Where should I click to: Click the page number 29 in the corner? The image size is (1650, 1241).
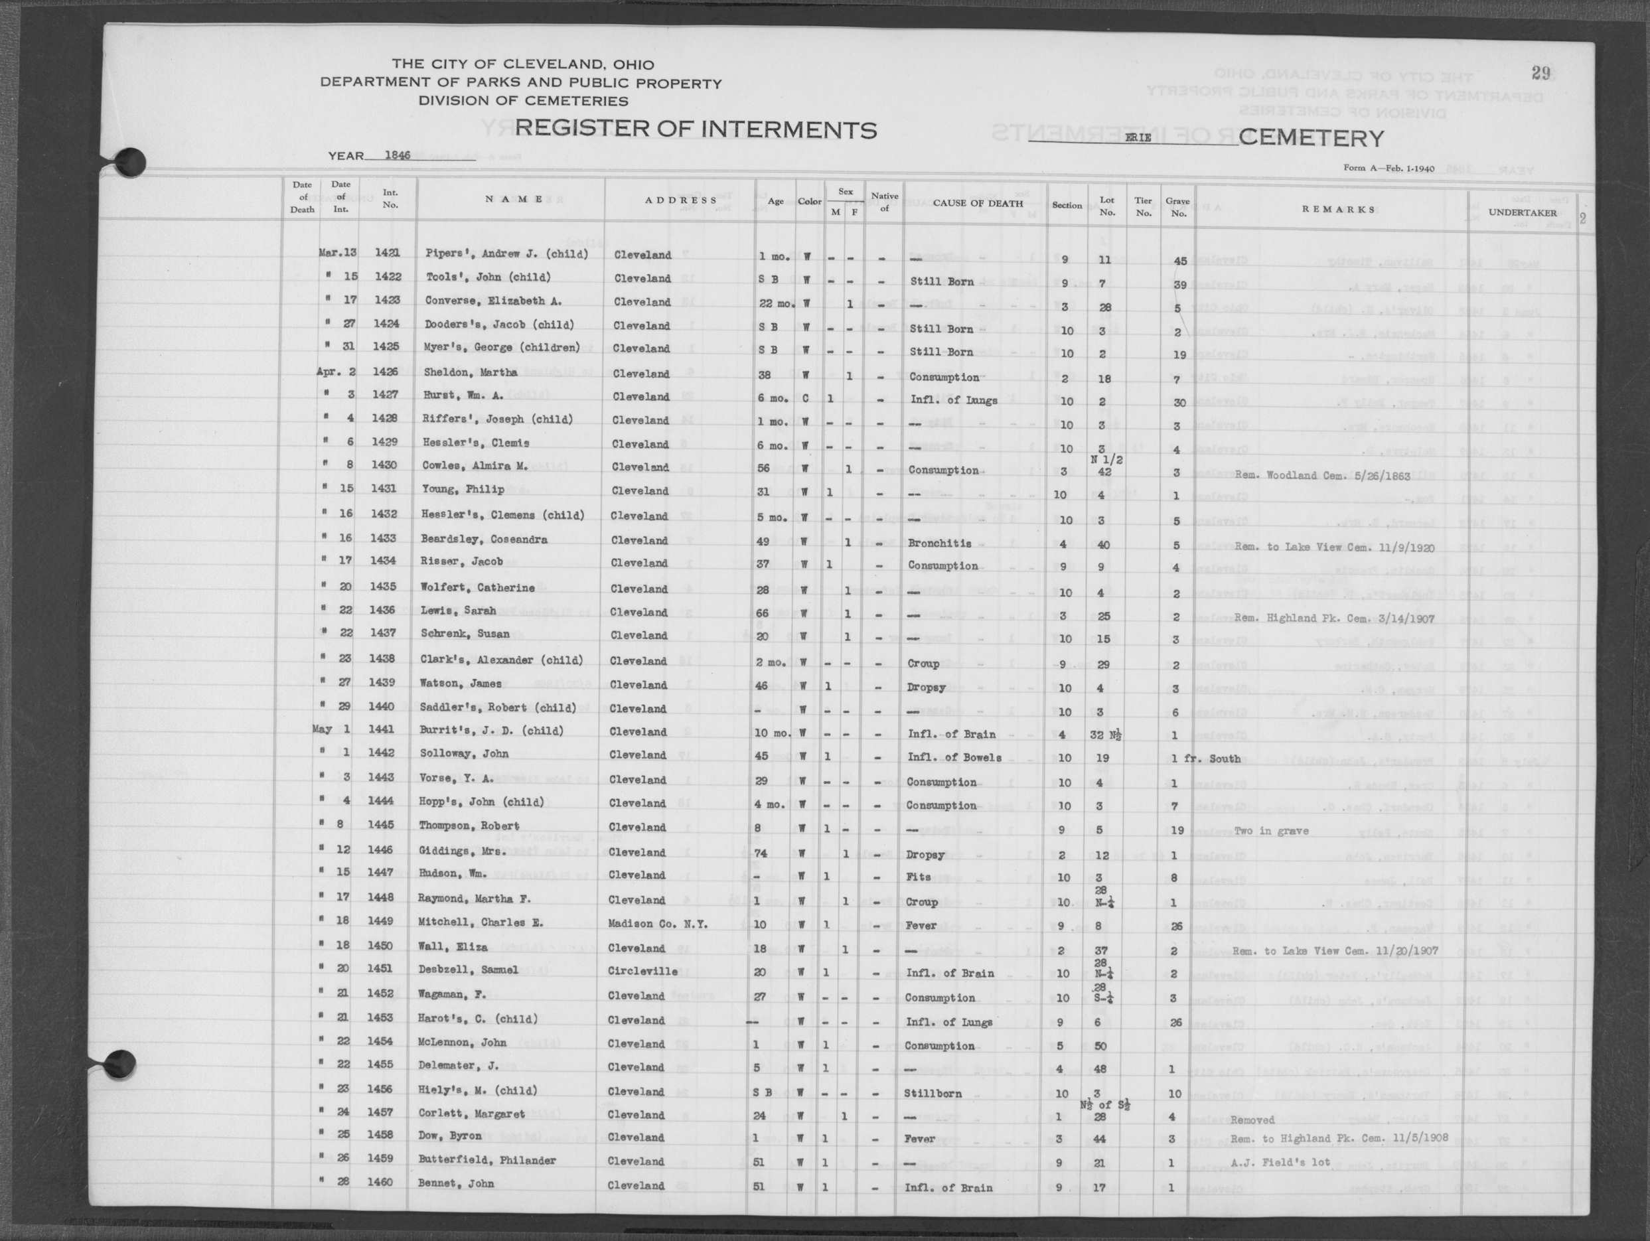(x=1541, y=73)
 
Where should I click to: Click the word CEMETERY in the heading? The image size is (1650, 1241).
(x=1312, y=139)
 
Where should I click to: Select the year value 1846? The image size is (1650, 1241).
(x=398, y=156)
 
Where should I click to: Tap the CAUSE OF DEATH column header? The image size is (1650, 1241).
(x=977, y=203)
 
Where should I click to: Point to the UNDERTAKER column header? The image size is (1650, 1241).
(x=1523, y=212)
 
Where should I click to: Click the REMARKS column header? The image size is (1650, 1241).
(x=1338, y=210)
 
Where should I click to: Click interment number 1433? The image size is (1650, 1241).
(x=388, y=538)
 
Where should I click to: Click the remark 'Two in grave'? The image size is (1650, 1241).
(x=1271, y=831)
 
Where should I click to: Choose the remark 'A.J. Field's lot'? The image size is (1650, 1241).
(x=1281, y=1162)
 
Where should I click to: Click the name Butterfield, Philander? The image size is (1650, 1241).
(x=487, y=1161)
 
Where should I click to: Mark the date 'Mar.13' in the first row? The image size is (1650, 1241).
(x=338, y=252)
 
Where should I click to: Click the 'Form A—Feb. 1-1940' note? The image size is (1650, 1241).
(x=1388, y=169)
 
